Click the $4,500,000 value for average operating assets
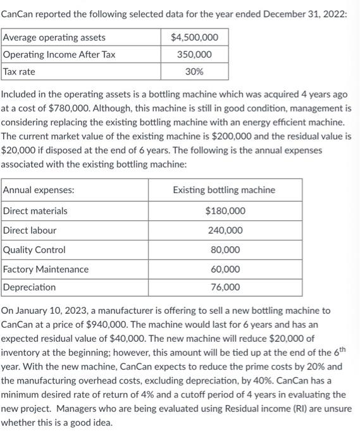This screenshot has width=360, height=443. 195,37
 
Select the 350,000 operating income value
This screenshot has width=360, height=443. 195,54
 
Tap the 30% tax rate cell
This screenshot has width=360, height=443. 195,72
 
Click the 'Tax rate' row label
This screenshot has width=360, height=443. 20,72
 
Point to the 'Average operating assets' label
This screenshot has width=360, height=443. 54,37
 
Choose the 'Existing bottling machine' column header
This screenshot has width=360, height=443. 224,189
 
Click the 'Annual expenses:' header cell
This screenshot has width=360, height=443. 39,189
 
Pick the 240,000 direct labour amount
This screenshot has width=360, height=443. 225,230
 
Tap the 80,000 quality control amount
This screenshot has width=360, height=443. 225,250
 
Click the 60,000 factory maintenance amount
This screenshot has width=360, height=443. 225,269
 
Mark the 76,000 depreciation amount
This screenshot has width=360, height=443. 225,287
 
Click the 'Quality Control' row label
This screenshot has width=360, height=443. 35,250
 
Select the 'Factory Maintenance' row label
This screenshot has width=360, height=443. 46,269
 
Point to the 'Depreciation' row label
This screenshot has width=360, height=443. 30,287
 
